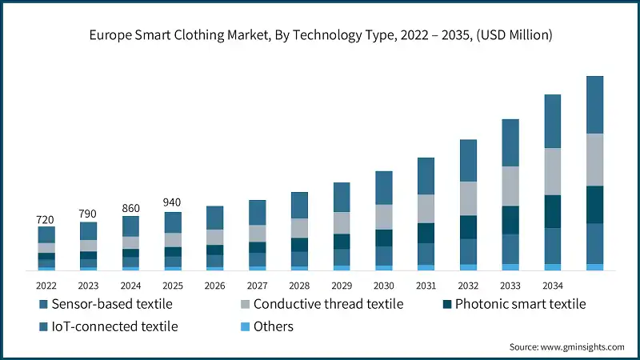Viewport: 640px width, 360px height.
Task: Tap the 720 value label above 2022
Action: [x=46, y=219]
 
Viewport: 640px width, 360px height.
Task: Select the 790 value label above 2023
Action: [x=88, y=214]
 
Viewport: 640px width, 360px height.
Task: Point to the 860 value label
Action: [x=130, y=208]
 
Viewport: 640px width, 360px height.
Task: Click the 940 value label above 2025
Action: [x=173, y=202]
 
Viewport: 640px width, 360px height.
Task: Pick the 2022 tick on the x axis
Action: [x=46, y=285]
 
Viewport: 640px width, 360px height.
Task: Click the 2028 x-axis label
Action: [x=299, y=285]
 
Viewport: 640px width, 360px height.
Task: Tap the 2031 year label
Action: [x=426, y=285]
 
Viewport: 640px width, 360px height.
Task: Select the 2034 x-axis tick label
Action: [x=552, y=285]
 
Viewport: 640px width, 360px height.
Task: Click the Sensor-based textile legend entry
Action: [x=105, y=304]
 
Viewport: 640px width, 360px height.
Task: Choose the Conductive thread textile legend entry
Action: [x=320, y=304]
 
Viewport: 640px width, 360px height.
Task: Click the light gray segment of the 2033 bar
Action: [x=510, y=186]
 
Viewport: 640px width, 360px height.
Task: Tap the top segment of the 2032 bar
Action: [x=468, y=160]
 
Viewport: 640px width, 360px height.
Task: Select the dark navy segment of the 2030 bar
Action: [x=384, y=238]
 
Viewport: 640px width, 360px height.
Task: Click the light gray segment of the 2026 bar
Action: [x=215, y=237]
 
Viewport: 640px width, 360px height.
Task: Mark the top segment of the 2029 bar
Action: [x=342, y=197]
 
